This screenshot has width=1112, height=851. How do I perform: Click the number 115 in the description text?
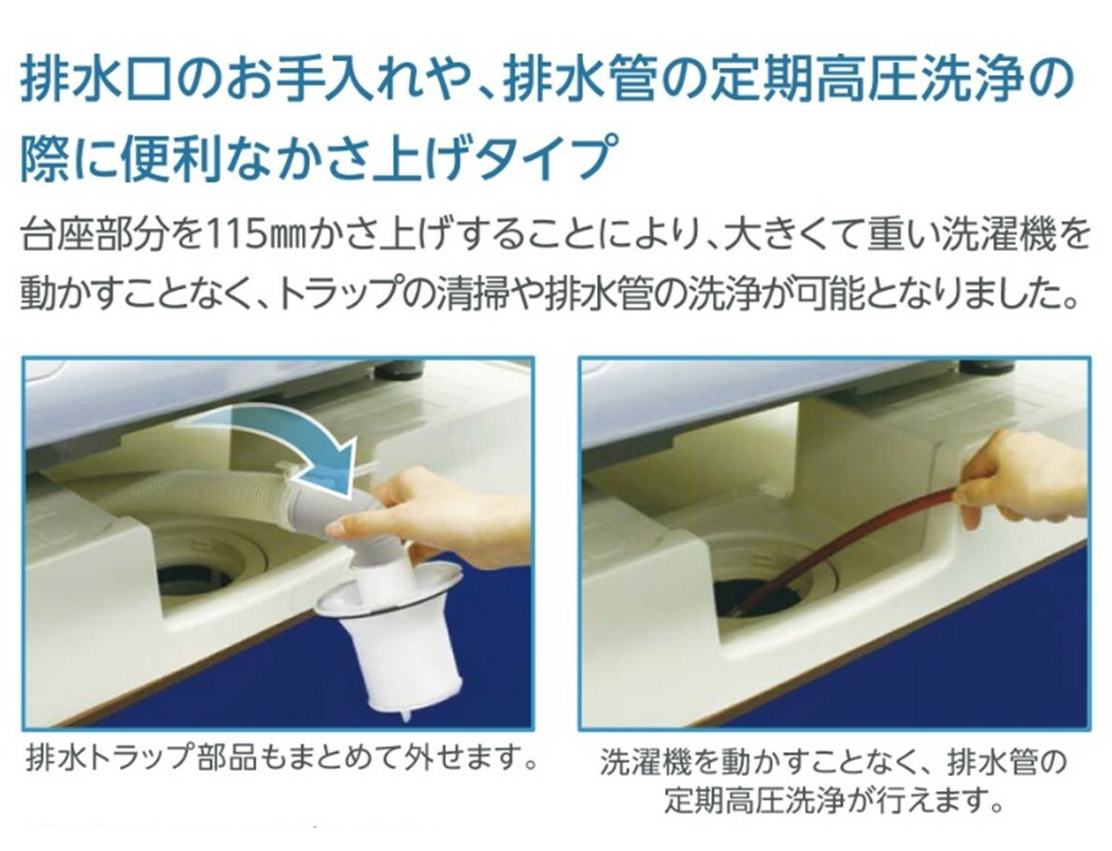click(x=234, y=235)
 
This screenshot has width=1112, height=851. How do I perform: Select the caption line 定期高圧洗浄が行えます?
click(x=831, y=801)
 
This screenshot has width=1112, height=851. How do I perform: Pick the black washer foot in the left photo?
click(x=399, y=369)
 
